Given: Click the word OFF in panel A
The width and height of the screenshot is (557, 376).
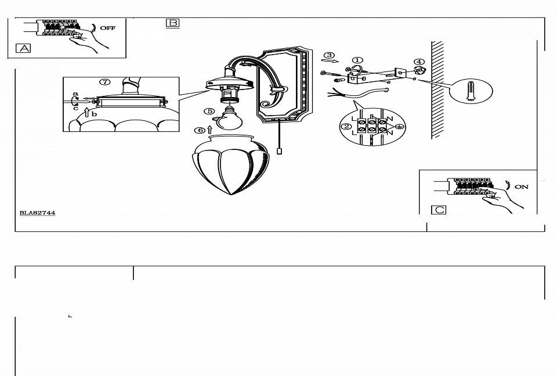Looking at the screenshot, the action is point(108,28).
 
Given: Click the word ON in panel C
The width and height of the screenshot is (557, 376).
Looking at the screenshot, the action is point(522,187).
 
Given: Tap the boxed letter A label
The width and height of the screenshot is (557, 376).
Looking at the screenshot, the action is point(23,48).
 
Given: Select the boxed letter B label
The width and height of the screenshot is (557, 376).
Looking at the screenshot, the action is point(173,23).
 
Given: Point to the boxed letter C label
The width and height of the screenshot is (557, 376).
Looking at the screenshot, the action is point(439,210).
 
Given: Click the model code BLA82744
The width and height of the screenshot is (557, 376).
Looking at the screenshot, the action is point(37,213).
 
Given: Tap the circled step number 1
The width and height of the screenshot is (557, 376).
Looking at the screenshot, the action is point(357,60).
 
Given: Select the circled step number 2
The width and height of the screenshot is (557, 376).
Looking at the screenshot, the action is point(346,127).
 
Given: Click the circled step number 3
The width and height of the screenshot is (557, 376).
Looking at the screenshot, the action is point(330,55).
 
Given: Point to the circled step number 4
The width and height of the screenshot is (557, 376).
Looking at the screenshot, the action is point(419,62).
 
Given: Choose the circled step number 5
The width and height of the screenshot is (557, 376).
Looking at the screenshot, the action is point(209,112).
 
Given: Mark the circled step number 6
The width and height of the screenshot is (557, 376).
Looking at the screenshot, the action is point(200,130).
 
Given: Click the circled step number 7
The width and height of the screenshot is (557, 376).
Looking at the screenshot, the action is point(105,82).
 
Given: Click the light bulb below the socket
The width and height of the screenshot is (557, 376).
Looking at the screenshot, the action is point(229,119).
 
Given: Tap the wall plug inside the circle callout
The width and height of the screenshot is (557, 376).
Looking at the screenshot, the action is point(471,91).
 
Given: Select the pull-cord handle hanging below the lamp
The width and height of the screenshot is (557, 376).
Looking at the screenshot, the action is point(279,151).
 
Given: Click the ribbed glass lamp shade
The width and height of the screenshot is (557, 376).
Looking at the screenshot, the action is point(230,164).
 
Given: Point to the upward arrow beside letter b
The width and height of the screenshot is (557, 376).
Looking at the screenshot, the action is point(86,112).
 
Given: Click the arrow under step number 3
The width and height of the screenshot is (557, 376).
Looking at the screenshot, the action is point(330,61).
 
